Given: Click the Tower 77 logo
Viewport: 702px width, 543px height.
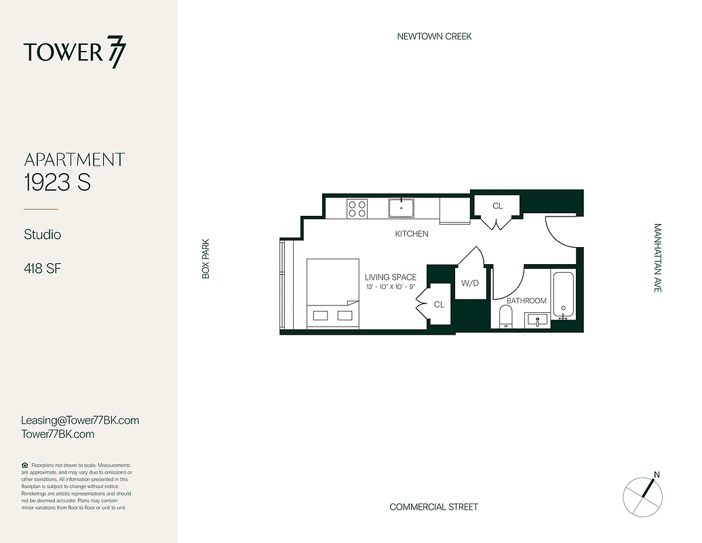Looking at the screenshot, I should click(x=75, y=53).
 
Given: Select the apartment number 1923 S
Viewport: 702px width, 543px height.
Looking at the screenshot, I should click(x=58, y=183).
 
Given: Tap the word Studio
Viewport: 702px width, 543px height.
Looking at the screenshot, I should click(x=42, y=234).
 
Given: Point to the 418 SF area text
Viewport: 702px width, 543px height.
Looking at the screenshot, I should click(x=42, y=269).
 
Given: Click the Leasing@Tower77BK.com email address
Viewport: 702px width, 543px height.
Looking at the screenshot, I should click(x=80, y=420).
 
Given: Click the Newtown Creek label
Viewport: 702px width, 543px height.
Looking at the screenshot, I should click(x=434, y=36).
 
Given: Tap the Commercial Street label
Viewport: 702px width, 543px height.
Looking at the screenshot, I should click(x=433, y=507).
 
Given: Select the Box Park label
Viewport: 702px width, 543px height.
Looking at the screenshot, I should click(x=206, y=258).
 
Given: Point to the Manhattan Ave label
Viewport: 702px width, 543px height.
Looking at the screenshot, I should click(x=657, y=258).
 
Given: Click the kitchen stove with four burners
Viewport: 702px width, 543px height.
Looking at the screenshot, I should click(x=357, y=208).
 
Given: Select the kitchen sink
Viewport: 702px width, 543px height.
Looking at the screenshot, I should click(x=402, y=207).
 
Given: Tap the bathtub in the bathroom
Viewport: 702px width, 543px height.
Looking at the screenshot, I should click(x=564, y=295).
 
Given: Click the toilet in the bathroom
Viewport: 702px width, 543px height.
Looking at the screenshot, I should click(x=505, y=316).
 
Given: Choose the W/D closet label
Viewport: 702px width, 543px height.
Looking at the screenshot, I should click(x=470, y=283).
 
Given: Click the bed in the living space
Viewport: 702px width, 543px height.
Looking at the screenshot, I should click(x=332, y=293).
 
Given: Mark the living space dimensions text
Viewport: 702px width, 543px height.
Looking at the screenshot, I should click(x=390, y=287).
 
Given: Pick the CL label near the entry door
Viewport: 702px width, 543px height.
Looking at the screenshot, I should click(x=497, y=206).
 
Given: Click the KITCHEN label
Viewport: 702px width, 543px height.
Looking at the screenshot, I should click(x=412, y=233).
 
